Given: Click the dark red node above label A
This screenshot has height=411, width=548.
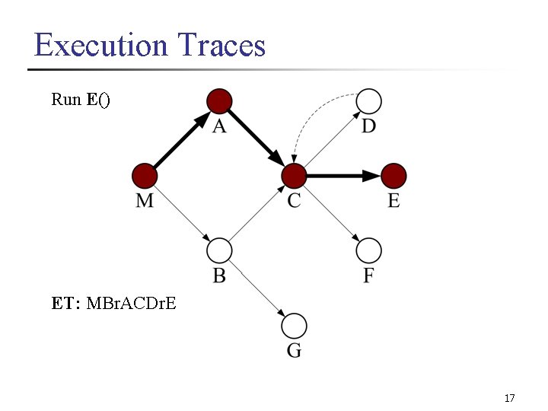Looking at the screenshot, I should point(219,100).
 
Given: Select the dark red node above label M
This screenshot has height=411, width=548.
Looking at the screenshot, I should point(144,176).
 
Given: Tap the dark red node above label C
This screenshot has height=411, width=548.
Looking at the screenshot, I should point(294,176).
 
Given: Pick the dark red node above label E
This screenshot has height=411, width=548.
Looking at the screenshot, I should point(393,176).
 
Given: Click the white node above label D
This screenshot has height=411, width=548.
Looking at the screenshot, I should point(368,100).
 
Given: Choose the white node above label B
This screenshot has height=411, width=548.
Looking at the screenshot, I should point(219,250).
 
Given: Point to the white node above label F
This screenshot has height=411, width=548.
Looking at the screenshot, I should point(368,250).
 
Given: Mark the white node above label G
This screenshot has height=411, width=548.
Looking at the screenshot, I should point(294,326).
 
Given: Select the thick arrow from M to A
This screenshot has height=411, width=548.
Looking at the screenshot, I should point(181,139).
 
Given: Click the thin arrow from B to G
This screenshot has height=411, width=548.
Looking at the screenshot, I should point(256,288).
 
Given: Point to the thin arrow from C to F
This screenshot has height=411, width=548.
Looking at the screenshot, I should point(331,213).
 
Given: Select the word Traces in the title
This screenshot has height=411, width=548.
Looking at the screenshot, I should point(221,45).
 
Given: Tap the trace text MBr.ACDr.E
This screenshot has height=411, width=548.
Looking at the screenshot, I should point(132,304).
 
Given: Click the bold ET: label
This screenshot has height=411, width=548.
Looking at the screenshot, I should point(67,304).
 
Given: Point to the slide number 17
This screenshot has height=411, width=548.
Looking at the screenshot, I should point(509,398).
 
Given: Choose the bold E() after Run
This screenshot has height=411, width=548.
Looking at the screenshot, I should point(98,99).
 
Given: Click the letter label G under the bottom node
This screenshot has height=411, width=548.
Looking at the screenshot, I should point(294,351).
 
